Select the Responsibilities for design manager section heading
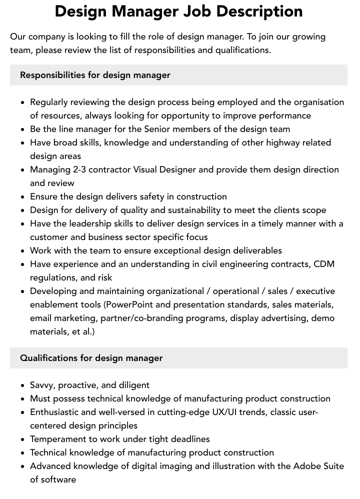click(x=95, y=75)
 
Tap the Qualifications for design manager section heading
click(x=91, y=358)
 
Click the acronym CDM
click(x=324, y=264)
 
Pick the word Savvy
click(x=42, y=385)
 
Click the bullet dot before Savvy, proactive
click(x=23, y=385)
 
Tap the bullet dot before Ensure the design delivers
click(x=23, y=197)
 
